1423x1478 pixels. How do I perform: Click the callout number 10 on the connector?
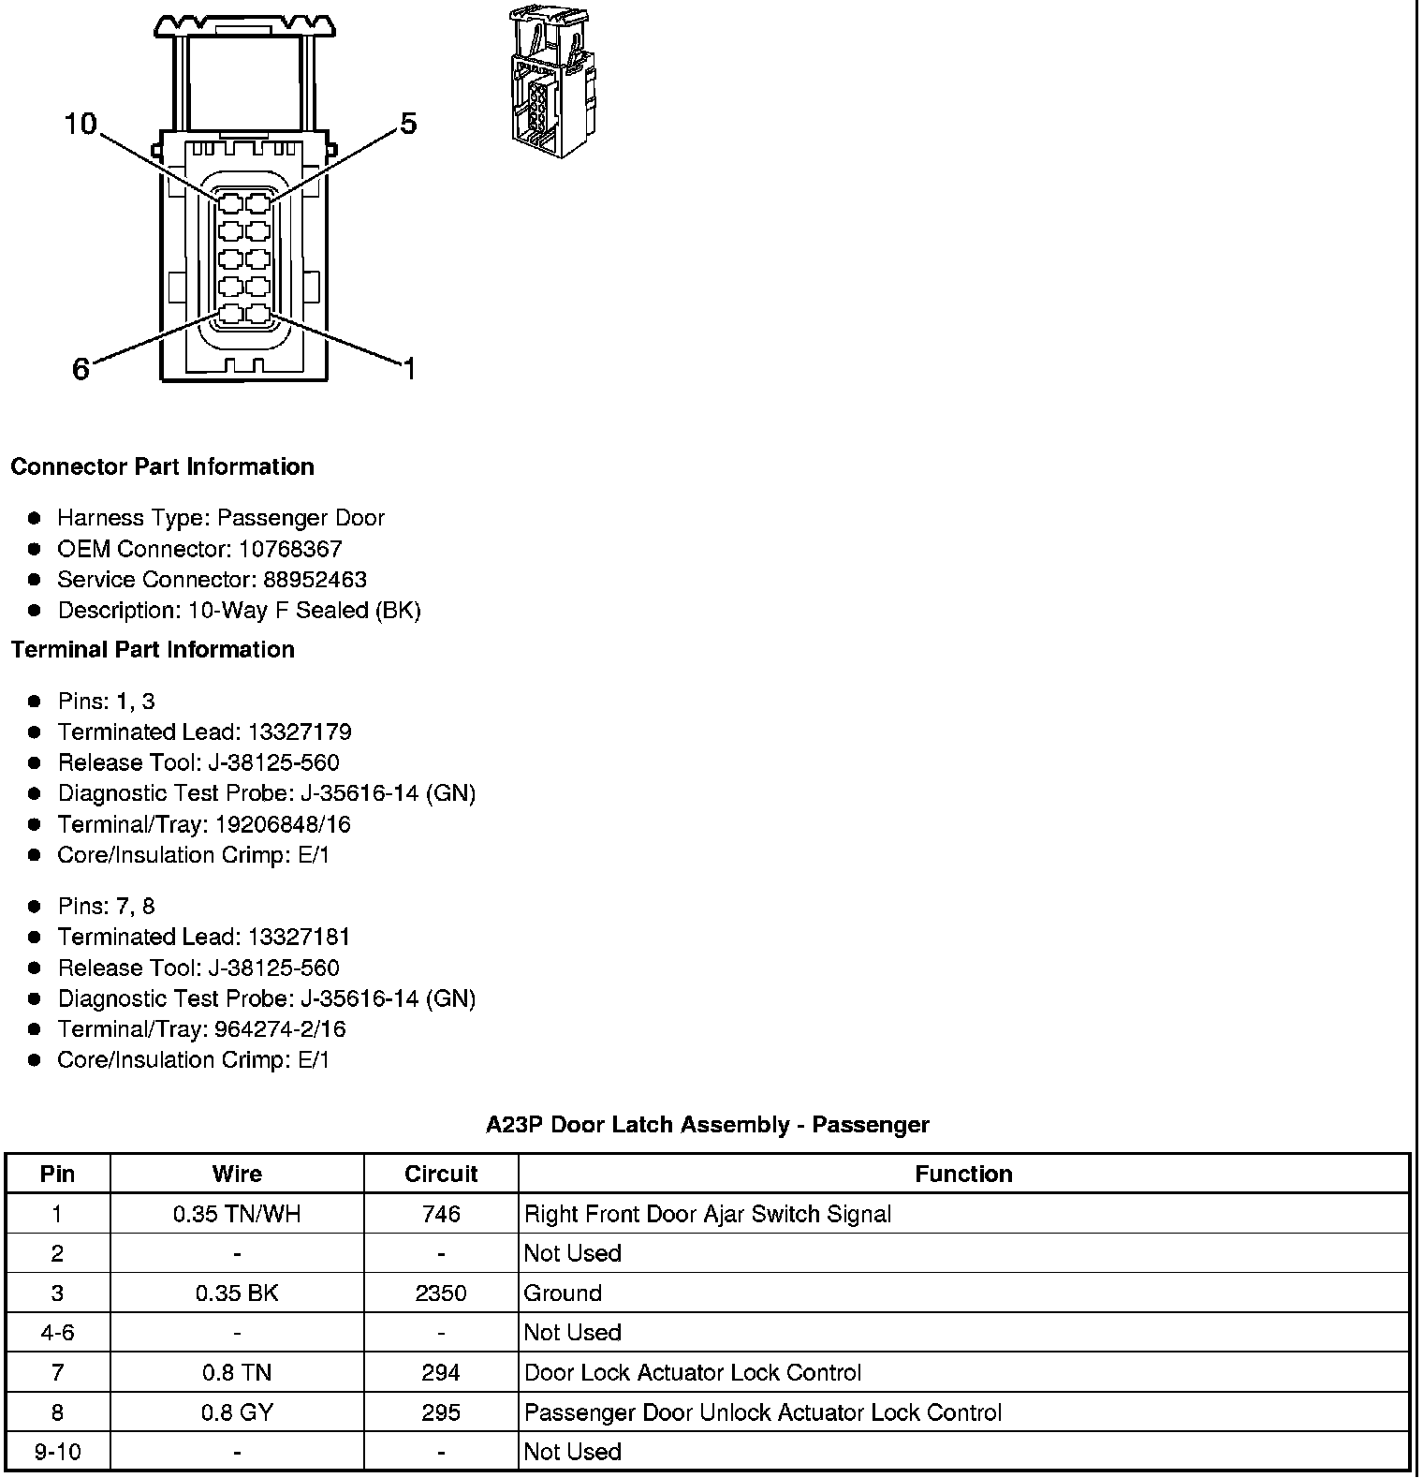(81, 124)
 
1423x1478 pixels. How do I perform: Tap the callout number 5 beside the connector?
(408, 124)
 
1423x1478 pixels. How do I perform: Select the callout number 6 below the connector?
(81, 369)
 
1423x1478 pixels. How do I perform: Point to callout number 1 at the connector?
(409, 369)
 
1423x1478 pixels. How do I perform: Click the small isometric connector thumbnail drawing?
(551, 82)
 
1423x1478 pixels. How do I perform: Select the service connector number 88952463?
(315, 580)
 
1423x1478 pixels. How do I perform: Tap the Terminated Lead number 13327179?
(300, 732)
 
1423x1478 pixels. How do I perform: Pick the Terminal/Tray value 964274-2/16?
(280, 1029)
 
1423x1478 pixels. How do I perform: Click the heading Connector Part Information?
(162, 466)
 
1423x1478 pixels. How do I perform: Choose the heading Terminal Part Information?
(153, 649)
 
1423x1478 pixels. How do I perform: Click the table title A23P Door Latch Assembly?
(707, 1125)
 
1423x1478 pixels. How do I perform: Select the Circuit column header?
(441, 1175)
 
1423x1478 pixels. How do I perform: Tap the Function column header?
(963, 1175)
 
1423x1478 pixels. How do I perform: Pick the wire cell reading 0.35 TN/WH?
(237, 1215)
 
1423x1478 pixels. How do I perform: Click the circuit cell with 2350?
(441, 1293)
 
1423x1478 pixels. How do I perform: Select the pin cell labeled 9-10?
(58, 1452)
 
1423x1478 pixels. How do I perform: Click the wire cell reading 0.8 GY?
(237, 1412)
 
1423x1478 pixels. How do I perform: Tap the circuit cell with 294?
(441, 1373)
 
